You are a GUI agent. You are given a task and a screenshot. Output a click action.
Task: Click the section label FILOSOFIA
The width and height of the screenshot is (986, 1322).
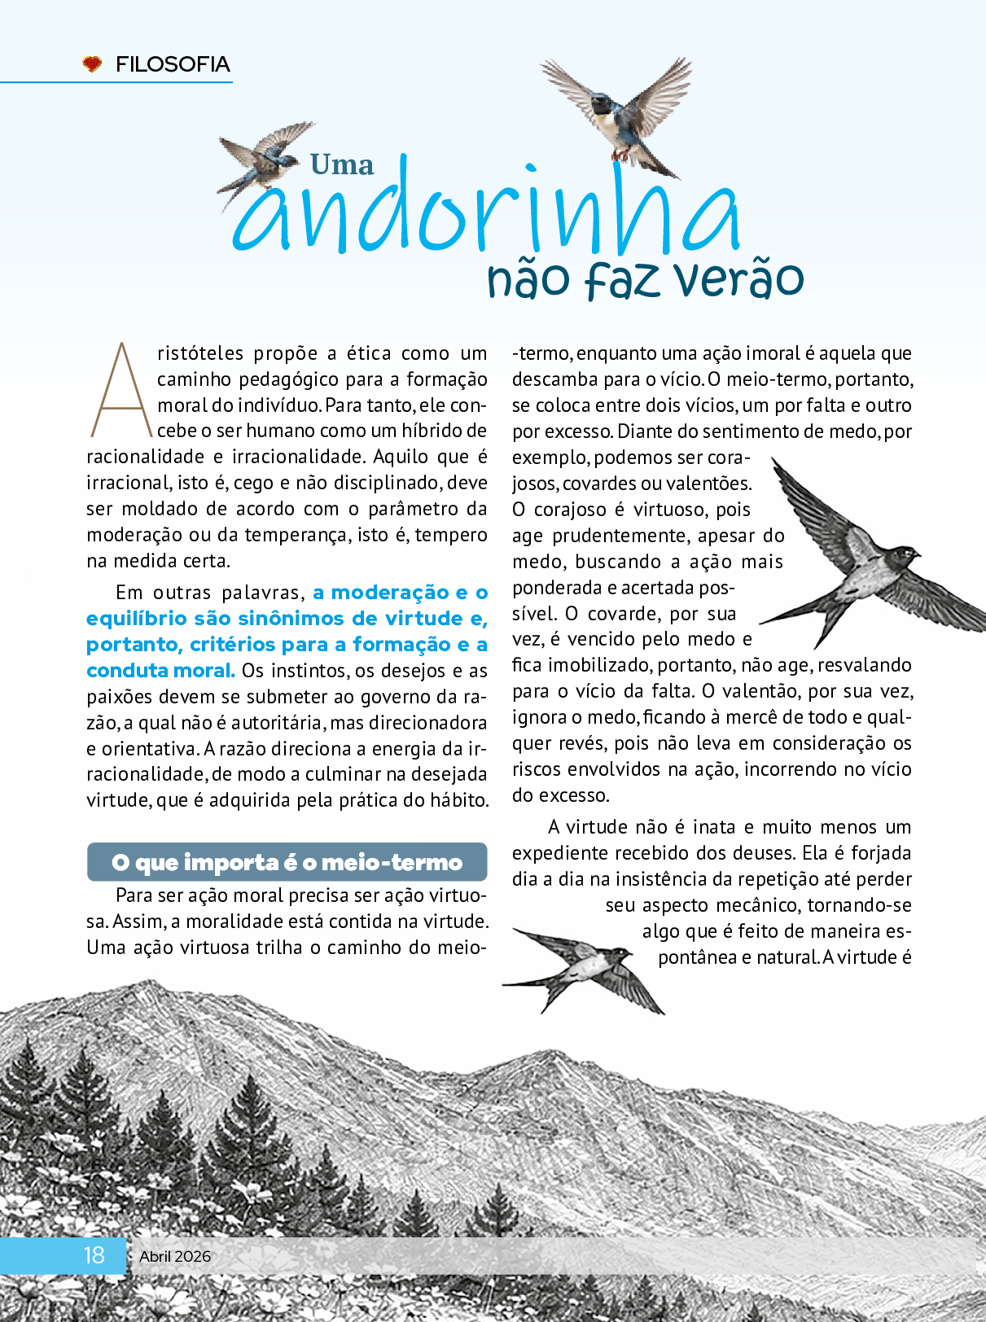point(173,64)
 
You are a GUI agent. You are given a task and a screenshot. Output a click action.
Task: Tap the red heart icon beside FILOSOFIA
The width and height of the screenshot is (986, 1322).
point(93,63)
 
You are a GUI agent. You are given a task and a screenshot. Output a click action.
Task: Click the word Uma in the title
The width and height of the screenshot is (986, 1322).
point(342,165)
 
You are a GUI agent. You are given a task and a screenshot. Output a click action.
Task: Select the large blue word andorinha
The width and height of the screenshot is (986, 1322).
point(487,213)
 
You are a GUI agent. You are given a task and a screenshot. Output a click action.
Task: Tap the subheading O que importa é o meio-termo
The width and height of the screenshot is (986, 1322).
point(287,862)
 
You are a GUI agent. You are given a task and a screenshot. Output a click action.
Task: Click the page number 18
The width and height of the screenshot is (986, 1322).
point(94,1254)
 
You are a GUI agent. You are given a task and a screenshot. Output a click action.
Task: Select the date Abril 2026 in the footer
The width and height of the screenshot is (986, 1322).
point(175,1256)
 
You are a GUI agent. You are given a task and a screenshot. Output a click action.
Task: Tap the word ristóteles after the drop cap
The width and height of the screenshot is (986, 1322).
point(200,353)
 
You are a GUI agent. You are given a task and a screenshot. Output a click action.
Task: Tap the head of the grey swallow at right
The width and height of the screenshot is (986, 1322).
point(902,557)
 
